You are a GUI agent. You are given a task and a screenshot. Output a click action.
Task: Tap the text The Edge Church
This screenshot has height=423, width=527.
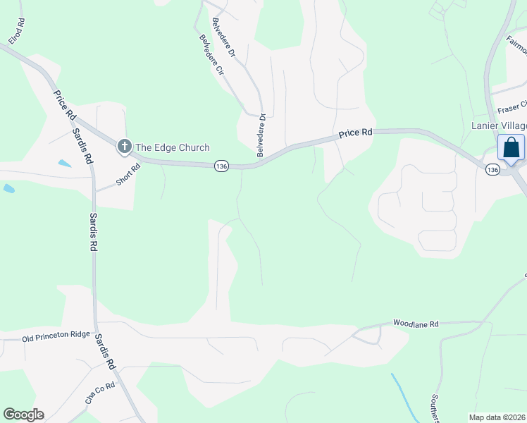[172, 147]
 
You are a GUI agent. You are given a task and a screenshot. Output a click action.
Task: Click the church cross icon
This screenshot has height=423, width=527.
[125, 147]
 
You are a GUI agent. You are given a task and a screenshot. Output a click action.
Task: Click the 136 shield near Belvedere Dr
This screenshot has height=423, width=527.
[222, 166]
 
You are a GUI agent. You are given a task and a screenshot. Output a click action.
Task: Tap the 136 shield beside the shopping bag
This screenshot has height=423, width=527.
[492, 169]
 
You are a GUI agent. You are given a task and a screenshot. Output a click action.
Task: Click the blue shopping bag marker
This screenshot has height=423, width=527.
[511, 148]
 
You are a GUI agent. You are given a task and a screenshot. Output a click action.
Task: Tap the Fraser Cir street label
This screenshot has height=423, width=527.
[512, 107]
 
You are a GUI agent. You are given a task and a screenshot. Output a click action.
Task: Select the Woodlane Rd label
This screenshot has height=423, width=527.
[416, 324]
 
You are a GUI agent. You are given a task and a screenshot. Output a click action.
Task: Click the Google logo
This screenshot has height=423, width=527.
[23, 415]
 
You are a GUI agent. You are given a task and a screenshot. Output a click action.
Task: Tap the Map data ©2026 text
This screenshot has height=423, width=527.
[497, 417]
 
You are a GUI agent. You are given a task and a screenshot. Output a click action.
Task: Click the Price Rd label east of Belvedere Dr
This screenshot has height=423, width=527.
[354, 133]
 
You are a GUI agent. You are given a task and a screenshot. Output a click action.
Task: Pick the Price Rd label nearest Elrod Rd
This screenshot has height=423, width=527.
[62, 104]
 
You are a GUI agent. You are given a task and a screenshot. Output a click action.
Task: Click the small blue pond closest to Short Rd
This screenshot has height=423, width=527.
[64, 164]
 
